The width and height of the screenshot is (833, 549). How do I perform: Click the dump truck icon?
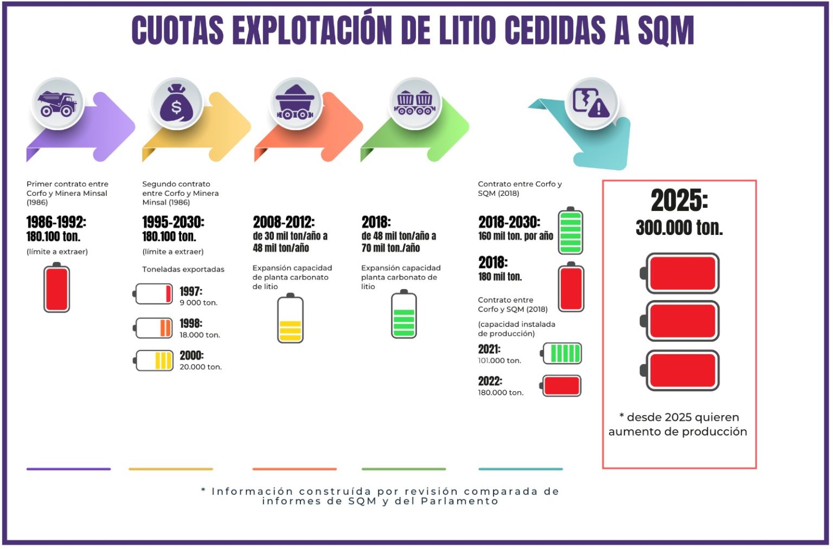(57, 103)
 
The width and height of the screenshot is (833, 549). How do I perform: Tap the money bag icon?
(176, 103)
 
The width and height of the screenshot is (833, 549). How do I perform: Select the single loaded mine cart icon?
(295, 103)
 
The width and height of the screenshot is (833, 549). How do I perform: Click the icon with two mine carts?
(415, 103)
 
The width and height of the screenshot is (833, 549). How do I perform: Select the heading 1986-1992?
(56, 222)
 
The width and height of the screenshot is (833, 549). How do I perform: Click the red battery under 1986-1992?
(56, 288)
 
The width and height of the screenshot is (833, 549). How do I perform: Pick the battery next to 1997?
(153, 293)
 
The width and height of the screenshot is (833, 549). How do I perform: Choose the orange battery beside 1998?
(153, 328)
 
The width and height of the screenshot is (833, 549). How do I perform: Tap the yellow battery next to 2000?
(154, 360)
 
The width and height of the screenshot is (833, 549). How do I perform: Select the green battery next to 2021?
(562, 353)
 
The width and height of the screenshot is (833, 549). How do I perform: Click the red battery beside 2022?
(561, 386)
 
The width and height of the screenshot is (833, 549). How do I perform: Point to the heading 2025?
(679, 201)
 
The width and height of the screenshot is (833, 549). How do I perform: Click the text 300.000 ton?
(679, 228)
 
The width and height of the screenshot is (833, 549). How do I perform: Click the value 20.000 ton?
(201, 367)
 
